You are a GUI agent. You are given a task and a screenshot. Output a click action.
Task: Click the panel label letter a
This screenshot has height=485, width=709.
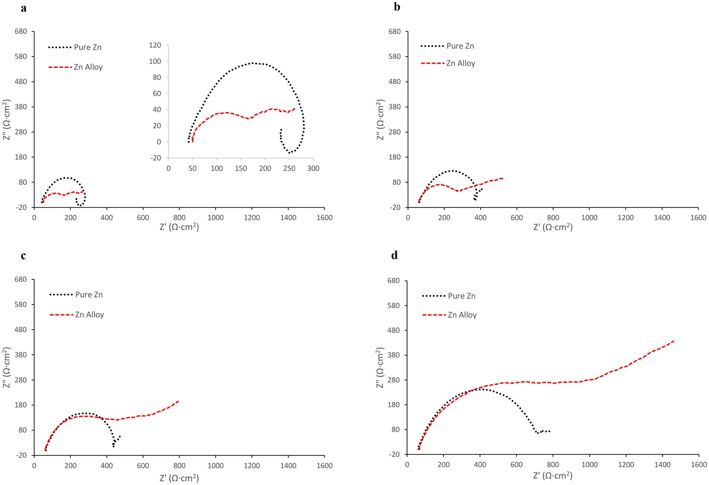pyautogui.click(x=24, y=8)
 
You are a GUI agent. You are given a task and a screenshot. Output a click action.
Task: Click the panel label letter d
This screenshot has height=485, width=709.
pyautogui.click(x=394, y=256)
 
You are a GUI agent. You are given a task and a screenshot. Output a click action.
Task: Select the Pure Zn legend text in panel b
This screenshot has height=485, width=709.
pyautogui.click(x=460, y=46)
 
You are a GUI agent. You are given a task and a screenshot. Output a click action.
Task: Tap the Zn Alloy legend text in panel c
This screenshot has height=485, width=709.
pyautogui.click(x=89, y=315)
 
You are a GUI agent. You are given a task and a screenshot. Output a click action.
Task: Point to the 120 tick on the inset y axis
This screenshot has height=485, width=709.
pyautogui.click(x=155, y=45)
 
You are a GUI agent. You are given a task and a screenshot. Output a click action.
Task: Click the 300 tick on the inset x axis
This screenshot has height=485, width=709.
pyautogui.click(x=313, y=168)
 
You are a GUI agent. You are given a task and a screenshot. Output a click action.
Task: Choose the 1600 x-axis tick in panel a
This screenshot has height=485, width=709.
pyautogui.click(x=324, y=218)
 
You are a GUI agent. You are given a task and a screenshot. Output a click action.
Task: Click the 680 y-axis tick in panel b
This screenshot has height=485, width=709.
pyautogui.click(x=394, y=32)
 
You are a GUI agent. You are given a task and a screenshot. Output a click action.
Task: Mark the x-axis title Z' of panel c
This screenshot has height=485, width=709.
pyautogui.click(x=179, y=478)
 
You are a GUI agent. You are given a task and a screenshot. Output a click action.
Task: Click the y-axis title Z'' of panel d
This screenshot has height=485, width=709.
pyautogui.click(x=380, y=368)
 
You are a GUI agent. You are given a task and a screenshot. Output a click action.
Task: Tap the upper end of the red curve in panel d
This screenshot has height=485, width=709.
pyautogui.click(x=673, y=341)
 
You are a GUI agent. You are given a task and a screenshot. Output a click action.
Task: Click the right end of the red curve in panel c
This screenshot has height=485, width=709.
pyautogui.click(x=178, y=401)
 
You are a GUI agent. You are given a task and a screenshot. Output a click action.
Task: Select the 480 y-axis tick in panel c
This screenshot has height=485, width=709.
pyautogui.click(x=21, y=329)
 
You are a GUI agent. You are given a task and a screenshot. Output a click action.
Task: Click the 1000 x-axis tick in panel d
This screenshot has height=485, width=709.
pyautogui.click(x=589, y=464)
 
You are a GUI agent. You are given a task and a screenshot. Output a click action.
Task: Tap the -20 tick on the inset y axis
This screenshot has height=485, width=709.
pyautogui.click(x=156, y=158)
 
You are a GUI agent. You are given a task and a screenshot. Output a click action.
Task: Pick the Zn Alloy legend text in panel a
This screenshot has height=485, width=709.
pyautogui.click(x=88, y=67)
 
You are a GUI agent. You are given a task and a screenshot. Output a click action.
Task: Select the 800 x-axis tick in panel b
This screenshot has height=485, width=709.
pyautogui.click(x=553, y=218)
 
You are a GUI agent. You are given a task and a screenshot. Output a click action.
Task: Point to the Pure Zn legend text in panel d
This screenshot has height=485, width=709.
pyautogui.click(x=461, y=296)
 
